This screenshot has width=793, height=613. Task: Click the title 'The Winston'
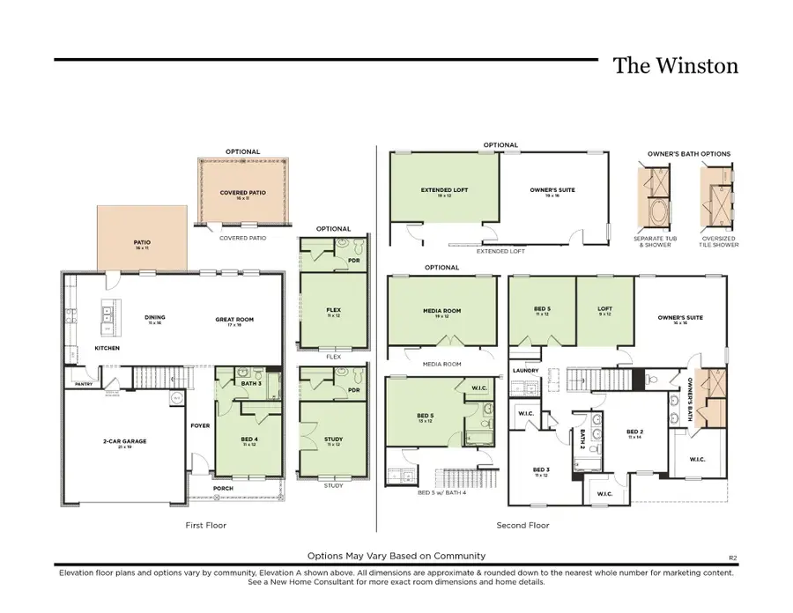click(675, 66)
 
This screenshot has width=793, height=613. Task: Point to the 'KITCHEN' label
click(107, 348)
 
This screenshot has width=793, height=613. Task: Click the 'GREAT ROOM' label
click(234, 320)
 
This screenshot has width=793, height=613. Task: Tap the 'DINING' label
click(156, 318)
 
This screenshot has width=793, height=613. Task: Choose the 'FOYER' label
click(200, 425)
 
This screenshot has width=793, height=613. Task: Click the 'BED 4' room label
click(249, 439)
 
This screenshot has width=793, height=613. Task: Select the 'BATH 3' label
click(249, 383)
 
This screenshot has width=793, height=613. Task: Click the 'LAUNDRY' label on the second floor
click(525, 371)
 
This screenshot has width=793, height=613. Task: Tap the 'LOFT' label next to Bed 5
click(604, 309)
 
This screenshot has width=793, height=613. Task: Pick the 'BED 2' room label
click(634, 432)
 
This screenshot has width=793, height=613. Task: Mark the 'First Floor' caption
click(207, 525)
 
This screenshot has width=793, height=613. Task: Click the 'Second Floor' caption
click(522, 525)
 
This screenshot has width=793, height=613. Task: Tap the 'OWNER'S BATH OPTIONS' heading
click(689, 154)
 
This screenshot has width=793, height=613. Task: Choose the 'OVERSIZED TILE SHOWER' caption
click(721, 241)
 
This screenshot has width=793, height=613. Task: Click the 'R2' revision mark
click(732, 558)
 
